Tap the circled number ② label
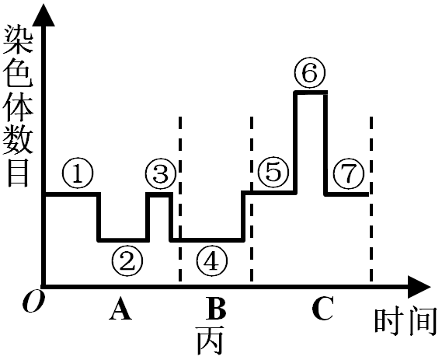[127, 261]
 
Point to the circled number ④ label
[212, 261]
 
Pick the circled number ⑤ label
[273, 173]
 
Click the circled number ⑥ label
[309, 73]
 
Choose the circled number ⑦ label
[349, 173]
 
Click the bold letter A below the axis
[120, 308]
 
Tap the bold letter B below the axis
[216, 308]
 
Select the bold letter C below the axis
[323, 308]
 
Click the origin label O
[33, 302]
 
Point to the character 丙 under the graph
[211, 340]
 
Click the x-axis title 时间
[405, 322]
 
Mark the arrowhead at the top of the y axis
[44, 15]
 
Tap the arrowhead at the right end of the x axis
[419, 287]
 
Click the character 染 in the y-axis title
[18, 40]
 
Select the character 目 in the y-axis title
[18, 173]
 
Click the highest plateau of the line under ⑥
[311, 93]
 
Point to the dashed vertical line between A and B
[180, 199]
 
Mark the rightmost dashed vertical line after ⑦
[371, 199]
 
